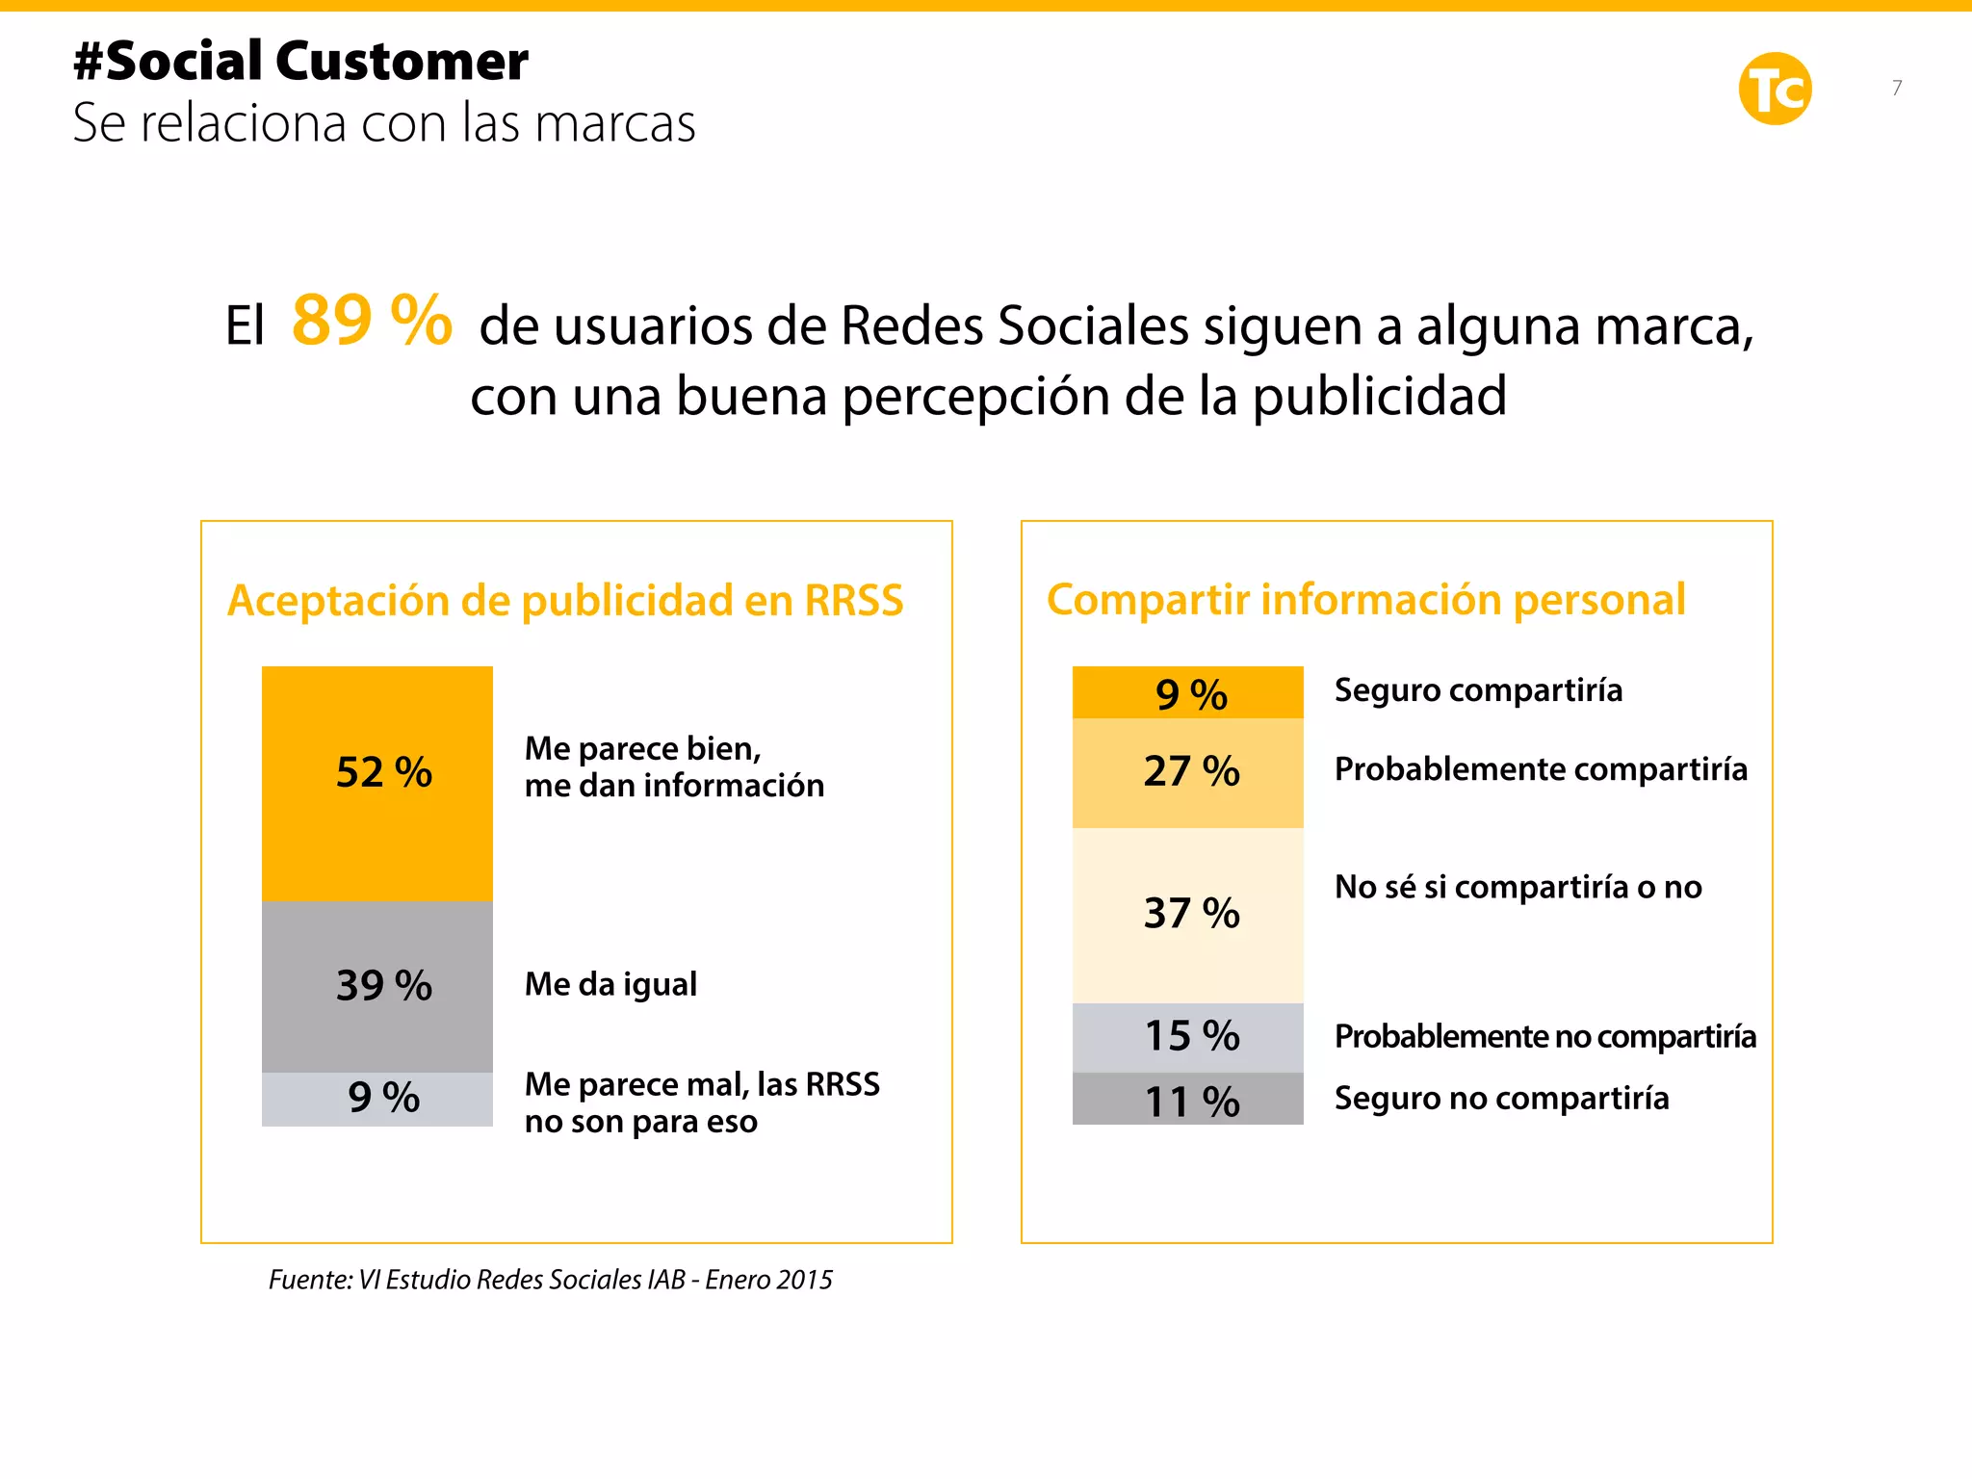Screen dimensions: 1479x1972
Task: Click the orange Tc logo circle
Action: coord(1775,90)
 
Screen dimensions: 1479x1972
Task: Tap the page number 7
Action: coord(1896,88)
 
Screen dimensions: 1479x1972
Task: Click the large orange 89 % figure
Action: coord(372,321)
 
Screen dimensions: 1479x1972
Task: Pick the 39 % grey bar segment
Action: coord(377,986)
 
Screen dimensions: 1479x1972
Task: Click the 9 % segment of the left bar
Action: coord(377,1099)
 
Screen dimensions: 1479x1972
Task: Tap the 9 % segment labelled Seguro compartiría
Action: coord(1187,692)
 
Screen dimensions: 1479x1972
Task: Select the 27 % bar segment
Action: coord(1187,772)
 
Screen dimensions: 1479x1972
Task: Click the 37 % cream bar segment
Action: coord(1187,914)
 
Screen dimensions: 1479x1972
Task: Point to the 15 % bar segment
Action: coord(1187,1037)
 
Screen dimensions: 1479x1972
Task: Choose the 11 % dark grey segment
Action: coord(1187,1101)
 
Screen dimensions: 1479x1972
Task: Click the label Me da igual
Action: coord(610,984)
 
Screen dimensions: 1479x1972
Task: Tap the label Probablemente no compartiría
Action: coord(1544,1037)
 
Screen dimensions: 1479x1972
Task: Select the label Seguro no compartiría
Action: coord(1501,1099)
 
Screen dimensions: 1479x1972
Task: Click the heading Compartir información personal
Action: coord(1365,600)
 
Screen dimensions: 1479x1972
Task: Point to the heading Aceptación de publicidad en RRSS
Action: coord(565,601)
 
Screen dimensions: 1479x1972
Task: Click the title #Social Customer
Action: coord(300,62)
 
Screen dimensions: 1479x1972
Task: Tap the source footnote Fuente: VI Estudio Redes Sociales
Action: coord(550,1280)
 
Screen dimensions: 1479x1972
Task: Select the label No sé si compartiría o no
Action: coord(1518,887)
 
